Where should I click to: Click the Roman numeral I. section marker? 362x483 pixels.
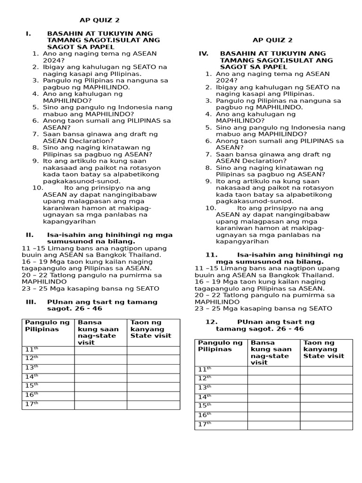(28, 33)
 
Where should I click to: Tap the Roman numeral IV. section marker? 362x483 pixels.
(203, 54)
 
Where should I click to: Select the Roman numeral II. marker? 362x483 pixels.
(29, 235)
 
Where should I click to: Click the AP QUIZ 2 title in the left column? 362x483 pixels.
(99, 20)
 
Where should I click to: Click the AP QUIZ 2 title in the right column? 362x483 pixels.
(272, 41)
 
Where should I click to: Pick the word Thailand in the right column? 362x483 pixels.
(318, 275)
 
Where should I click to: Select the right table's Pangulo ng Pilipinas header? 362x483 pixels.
(215, 346)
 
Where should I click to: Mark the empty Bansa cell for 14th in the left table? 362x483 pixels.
(100, 377)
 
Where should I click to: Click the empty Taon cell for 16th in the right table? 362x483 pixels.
(326, 416)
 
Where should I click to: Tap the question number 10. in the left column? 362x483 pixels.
(38, 188)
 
